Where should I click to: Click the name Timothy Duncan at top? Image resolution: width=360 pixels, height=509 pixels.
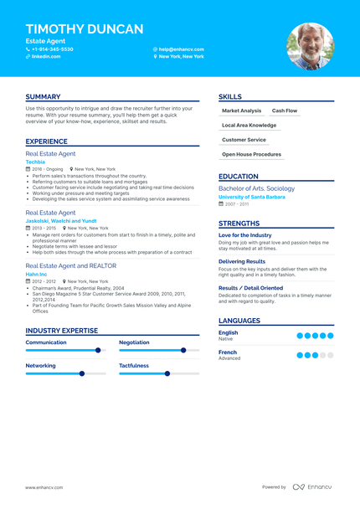[x=85, y=29]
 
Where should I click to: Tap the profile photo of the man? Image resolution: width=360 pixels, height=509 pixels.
[x=310, y=46]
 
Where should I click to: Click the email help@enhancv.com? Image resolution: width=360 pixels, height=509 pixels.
[x=182, y=49]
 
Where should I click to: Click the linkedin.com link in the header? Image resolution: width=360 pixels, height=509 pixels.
[x=46, y=57]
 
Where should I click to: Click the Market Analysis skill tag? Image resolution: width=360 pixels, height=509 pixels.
[x=242, y=111]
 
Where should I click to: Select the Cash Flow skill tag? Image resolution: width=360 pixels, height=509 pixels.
[x=285, y=111]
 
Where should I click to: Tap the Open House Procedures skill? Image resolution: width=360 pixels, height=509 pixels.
[x=251, y=154]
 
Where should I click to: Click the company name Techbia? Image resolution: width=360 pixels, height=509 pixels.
[x=35, y=162]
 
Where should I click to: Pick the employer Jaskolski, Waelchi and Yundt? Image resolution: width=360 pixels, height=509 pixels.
[x=61, y=220]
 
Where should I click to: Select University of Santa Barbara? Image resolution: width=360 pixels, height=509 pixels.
[x=256, y=197]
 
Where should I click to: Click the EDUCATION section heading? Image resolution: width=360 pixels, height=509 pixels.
[x=239, y=177]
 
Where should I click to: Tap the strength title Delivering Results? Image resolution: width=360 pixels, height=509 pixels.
[x=242, y=261]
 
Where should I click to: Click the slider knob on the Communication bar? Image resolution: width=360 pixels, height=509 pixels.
[x=98, y=350]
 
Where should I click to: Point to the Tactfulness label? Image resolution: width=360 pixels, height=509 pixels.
[x=134, y=365]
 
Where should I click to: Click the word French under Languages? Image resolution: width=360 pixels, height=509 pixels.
[x=228, y=352]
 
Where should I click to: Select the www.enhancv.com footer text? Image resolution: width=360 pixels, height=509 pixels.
[x=43, y=486]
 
